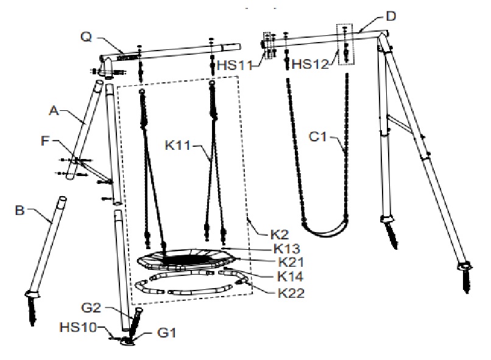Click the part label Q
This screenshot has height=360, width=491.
(x=87, y=37)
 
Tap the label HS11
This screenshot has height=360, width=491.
(x=235, y=65)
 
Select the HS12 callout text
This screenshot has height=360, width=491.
(x=311, y=64)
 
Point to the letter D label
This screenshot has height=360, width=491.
(x=391, y=16)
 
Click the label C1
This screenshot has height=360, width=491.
(x=317, y=137)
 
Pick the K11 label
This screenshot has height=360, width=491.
(x=177, y=145)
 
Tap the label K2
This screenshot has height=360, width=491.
(x=280, y=235)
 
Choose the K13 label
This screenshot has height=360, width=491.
(x=287, y=249)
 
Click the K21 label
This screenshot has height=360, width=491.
(x=291, y=262)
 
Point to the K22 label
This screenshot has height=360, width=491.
(x=291, y=294)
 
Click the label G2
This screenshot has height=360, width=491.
(x=91, y=308)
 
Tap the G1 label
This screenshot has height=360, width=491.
(x=167, y=333)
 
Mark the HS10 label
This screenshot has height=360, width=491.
(x=78, y=328)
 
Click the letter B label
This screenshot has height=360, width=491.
(x=19, y=210)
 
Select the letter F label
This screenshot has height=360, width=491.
(x=46, y=141)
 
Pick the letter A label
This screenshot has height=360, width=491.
(x=54, y=110)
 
